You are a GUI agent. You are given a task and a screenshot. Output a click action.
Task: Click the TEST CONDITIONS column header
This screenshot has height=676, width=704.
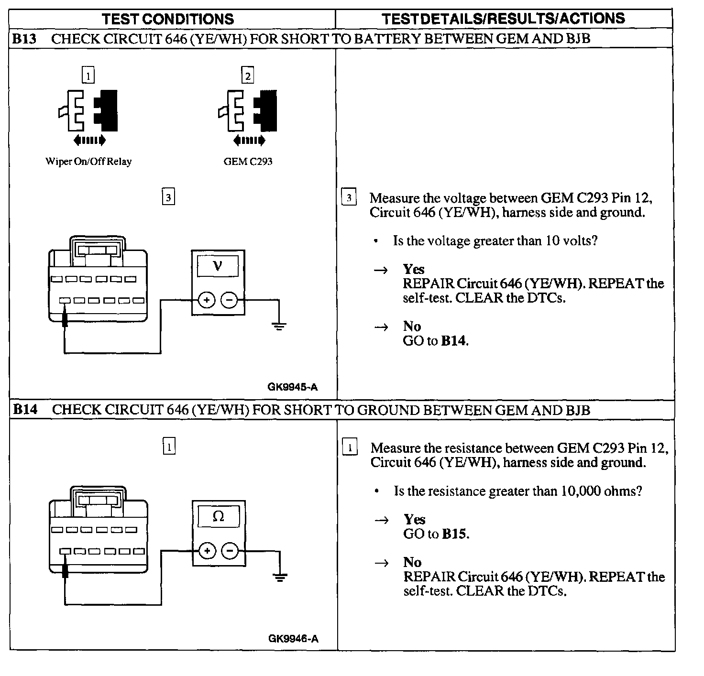pos(168,19)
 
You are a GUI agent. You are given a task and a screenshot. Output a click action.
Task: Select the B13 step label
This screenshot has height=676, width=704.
pos(24,39)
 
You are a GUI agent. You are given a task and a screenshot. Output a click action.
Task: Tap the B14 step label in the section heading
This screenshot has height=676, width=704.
pos(25,410)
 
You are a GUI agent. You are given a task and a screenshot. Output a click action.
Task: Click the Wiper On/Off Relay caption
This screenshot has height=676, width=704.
pos(88,162)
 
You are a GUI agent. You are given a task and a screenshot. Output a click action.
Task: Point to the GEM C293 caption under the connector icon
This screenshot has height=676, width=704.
pos(248,162)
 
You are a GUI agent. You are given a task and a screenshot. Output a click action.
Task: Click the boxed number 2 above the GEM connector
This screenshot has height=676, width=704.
pos(247,76)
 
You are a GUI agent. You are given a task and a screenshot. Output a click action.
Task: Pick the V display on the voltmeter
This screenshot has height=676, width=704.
pos(218,265)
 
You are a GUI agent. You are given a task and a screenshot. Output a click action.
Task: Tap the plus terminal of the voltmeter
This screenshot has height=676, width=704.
pos(207,301)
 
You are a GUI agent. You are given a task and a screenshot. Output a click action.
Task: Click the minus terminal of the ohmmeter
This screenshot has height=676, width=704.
pos(230,551)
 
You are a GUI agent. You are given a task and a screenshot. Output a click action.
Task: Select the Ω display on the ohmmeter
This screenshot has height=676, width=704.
pos(218,516)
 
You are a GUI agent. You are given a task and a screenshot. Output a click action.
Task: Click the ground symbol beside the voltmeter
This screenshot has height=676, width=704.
pos(279,326)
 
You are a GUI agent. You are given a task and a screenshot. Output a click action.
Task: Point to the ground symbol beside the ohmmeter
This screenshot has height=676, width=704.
pos(280,577)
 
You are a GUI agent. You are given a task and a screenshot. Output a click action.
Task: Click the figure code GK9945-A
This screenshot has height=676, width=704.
pos(292,388)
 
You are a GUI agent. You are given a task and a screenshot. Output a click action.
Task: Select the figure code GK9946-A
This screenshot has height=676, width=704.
pos(293,639)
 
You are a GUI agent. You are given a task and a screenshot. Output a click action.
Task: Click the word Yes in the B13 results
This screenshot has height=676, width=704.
pos(414,269)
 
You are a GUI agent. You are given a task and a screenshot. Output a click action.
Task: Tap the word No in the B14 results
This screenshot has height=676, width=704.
pos(412,562)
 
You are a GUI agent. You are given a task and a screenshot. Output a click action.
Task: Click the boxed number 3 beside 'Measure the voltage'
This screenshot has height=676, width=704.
pos(349,197)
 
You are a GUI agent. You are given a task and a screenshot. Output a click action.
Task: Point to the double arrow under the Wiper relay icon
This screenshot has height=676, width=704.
pos(89,140)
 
